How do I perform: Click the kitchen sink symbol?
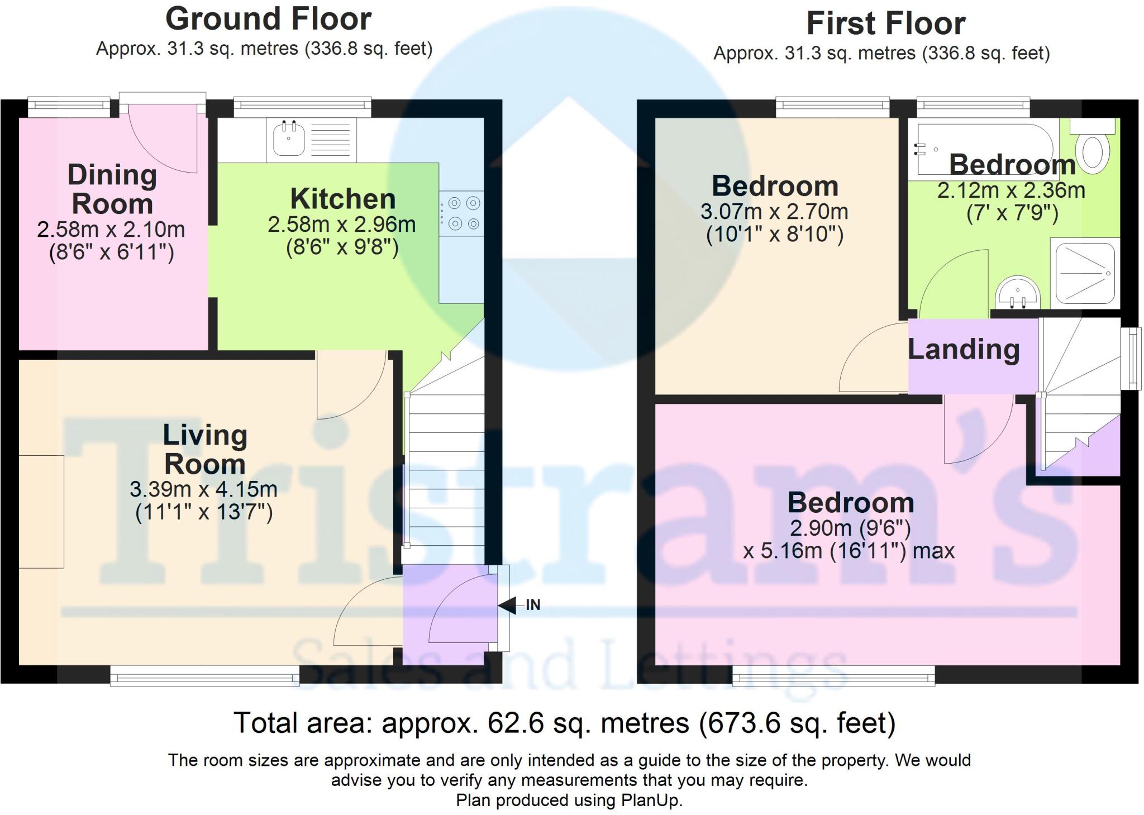[289, 138]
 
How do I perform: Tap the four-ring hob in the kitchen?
[461, 213]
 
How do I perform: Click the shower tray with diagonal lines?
[1085, 273]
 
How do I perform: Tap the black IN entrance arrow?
[508, 605]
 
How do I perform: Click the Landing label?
[964, 350]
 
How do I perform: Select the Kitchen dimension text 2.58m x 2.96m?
[341, 225]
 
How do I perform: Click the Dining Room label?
[112, 189]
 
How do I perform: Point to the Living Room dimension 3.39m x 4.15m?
[203, 489]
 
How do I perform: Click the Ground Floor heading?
[268, 19]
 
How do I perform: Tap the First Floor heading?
[885, 23]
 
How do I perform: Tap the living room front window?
[204, 678]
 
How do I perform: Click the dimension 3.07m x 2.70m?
[774, 212]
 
